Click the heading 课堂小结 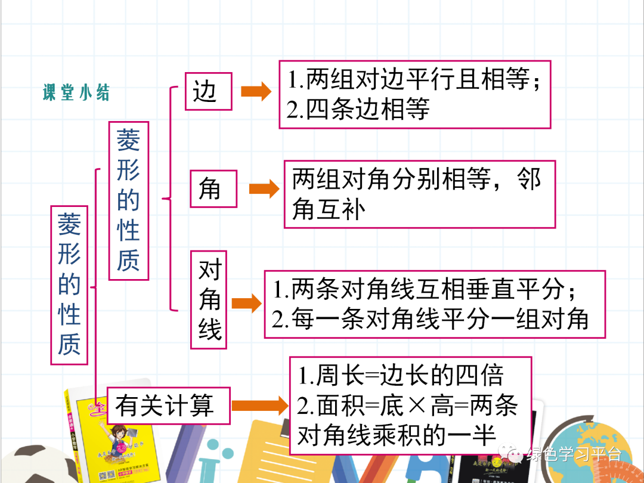76,93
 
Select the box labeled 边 208,91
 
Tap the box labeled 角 213,188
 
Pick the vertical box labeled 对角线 209,301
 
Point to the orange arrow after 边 256,91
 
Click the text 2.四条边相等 358,110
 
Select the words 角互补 329,209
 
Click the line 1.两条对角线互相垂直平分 425,290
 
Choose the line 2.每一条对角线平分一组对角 430,320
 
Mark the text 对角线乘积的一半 397,436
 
